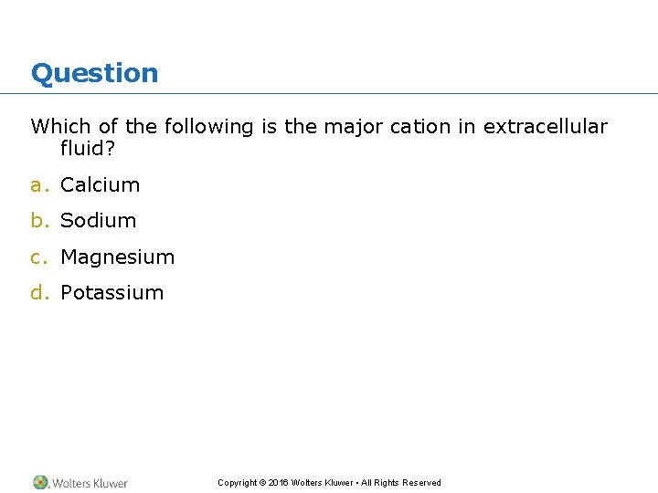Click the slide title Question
(x=94, y=73)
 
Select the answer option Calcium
(x=100, y=184)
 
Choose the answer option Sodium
(x=98, y=220)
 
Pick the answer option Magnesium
(x=117, y=257)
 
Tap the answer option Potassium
(x=111, y=292)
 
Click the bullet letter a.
(x=37, y=185)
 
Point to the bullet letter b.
(x=38, y=220)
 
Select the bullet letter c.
(x=37, y=257)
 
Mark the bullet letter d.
(x=38, y=292)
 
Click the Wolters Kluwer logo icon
(x=40, y=482)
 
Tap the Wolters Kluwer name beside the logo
(x=90, y=483)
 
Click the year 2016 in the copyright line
(x=278, y=483)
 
